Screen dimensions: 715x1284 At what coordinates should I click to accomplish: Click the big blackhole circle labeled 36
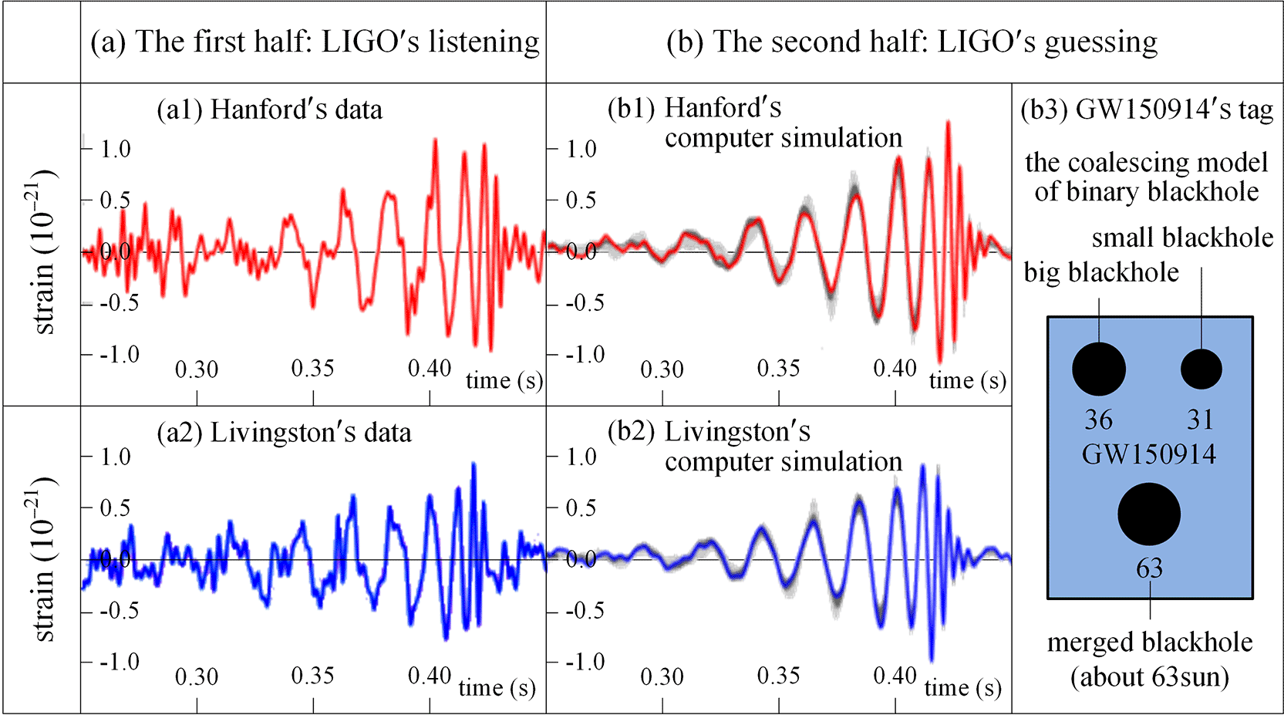click(1099, 369)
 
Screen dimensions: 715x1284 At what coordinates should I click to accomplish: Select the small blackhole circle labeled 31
click(1201, 369)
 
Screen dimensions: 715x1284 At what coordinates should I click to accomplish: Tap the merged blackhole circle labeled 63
click(1149, 514)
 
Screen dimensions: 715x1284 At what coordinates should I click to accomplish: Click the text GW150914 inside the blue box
click(1149, 454)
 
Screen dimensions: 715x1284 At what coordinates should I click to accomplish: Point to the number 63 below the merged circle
click(1149, 568)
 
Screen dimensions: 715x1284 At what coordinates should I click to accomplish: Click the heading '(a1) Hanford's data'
click(269, 110)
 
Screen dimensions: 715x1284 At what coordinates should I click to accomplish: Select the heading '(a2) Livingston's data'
click(284, 433)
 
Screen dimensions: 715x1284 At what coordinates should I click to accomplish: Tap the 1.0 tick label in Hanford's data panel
click(116, 149)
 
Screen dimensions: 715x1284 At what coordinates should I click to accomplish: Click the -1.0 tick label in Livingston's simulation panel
click(585, 662)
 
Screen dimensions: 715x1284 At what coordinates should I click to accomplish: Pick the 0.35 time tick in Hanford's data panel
click(312, 369)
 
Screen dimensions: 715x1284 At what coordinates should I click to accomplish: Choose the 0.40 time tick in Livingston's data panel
click(430, 676)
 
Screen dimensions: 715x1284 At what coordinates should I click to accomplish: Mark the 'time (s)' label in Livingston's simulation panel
click(962, 687)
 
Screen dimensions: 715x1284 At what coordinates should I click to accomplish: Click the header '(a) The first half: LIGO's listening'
click(315, 42)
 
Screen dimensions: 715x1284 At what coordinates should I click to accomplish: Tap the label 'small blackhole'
click(1182, 238)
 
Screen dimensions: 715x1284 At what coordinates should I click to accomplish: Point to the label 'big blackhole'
click(1101, 272)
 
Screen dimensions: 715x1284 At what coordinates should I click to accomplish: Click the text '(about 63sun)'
click(1149, 677)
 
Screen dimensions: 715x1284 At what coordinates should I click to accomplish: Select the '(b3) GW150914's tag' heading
click(1147, 110)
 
